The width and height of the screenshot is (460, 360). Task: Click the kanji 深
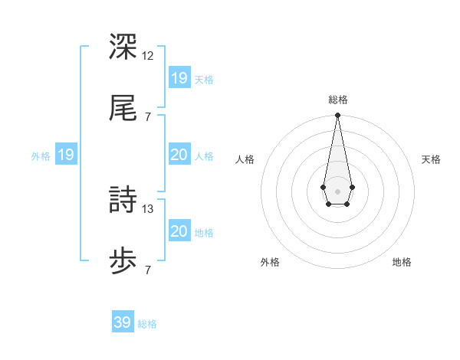coord(123,45)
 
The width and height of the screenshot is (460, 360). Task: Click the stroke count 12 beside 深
coord(148,55)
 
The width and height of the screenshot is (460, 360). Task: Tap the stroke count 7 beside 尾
coord(148,117)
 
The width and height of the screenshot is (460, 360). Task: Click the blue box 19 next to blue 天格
coord(179,78)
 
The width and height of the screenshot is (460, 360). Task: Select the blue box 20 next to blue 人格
coord(179,155)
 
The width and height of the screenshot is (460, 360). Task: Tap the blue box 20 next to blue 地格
coord(179,231)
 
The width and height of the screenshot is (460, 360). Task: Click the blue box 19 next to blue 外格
coord(66,155)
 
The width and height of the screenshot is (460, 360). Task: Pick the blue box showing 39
coord(123,322)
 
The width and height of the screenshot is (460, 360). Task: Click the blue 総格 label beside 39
coord(147,324)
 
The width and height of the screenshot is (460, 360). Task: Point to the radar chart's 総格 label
coord(337,100)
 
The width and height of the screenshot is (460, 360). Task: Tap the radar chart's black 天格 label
coord(432,159)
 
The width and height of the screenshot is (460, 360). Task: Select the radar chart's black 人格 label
coord(245,159)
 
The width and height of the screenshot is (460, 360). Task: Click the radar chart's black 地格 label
coord(402,262)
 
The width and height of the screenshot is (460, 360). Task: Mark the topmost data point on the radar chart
coord(337,116)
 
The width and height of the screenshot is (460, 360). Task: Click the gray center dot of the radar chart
coord(337,190)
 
